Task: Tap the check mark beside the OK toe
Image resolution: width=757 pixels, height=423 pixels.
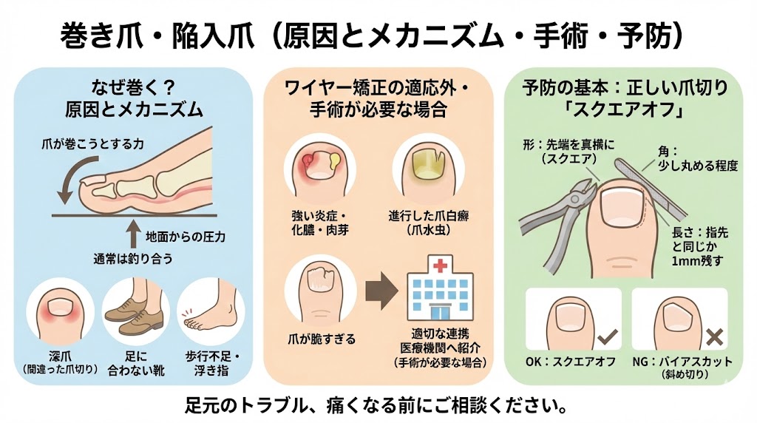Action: pos(608,339)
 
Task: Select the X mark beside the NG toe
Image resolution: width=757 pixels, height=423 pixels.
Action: pos(715,338)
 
